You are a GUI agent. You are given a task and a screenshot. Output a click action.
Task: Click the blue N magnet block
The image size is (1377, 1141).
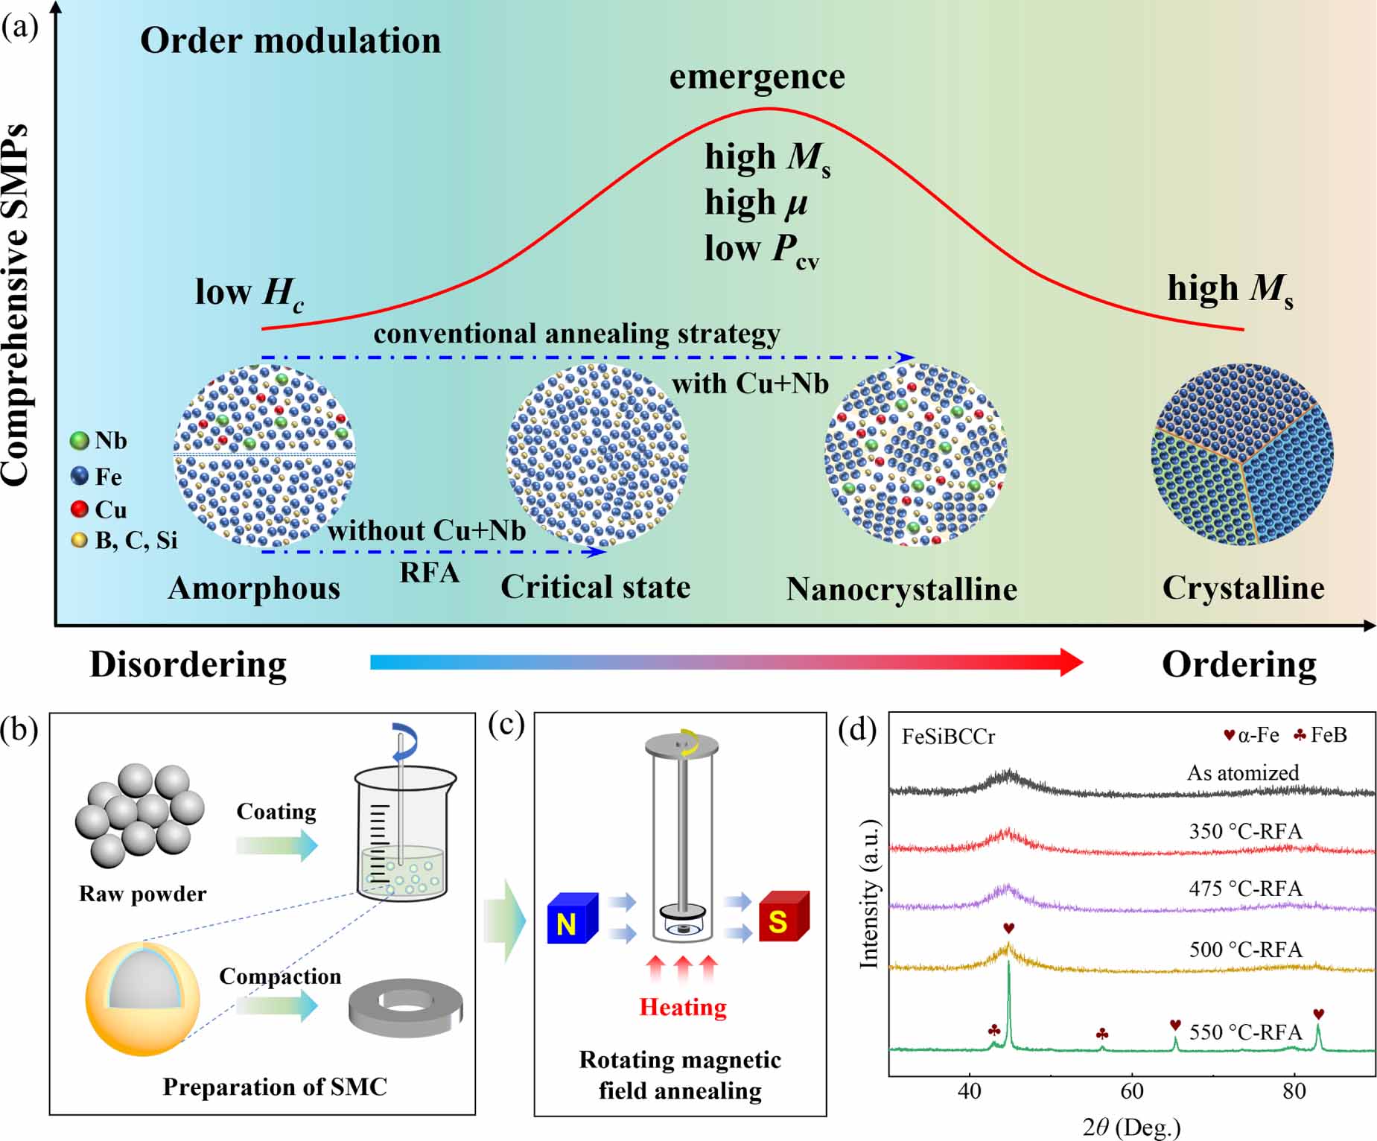(571, 919)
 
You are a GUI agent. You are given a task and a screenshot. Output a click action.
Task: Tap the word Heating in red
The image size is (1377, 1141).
(683, 1007)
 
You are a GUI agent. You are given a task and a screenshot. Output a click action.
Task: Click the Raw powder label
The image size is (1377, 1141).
(142, 894)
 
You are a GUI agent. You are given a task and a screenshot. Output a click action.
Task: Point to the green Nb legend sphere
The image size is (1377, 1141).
(79, 441)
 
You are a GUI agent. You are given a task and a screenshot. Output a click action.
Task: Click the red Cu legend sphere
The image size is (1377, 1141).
(79, 509)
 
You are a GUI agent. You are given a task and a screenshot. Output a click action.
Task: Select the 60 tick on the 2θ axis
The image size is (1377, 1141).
(1131, 1091)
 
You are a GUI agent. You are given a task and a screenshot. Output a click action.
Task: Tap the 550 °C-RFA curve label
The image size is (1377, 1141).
(1245, 1032)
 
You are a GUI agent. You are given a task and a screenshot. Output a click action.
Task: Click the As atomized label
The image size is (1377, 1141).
(1242, 772)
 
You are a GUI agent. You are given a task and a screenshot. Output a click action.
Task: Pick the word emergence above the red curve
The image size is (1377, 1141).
(757, 77)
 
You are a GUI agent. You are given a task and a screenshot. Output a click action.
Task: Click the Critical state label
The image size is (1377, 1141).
(595, 587)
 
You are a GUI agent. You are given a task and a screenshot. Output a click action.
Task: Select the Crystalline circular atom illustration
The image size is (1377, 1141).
(1241, 454)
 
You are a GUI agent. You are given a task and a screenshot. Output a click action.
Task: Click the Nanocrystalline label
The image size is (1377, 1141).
(901, 589)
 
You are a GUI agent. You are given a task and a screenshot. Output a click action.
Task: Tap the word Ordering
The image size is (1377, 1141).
(1238, 664)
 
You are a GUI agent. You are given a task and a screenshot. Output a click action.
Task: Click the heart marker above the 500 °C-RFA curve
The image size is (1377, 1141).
(1008, 928)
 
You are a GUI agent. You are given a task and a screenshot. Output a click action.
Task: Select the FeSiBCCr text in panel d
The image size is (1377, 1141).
(948, 737)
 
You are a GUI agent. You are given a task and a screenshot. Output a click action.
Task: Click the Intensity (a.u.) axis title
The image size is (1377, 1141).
(868, 894)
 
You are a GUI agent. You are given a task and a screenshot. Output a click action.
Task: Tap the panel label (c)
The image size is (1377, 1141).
(506, 724)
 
